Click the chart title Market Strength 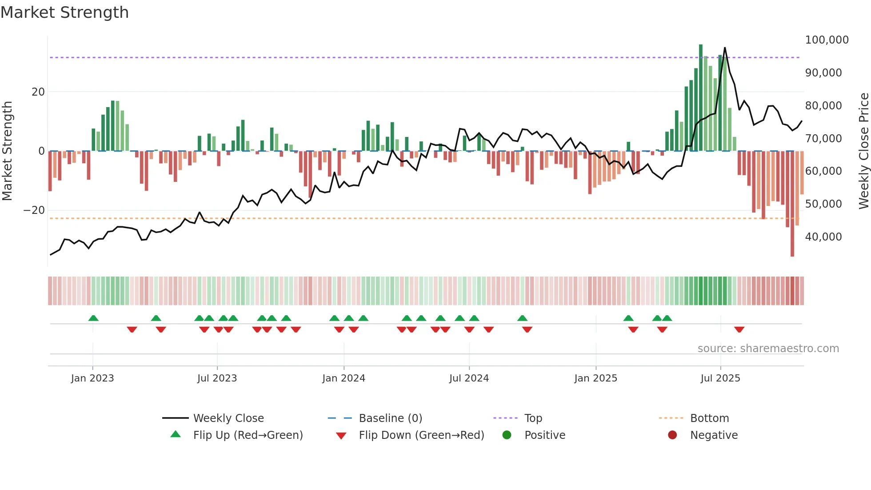64,12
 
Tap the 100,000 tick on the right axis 827,40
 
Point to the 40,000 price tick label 823,237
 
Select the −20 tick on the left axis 34,210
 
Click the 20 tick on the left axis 38,92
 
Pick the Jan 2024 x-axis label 344,378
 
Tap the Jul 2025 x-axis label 720,378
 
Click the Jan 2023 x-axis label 92,378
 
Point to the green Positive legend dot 507,435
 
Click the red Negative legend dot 672,435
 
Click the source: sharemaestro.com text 768,349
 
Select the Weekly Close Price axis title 863,151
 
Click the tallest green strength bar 701,98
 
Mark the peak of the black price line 725,48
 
